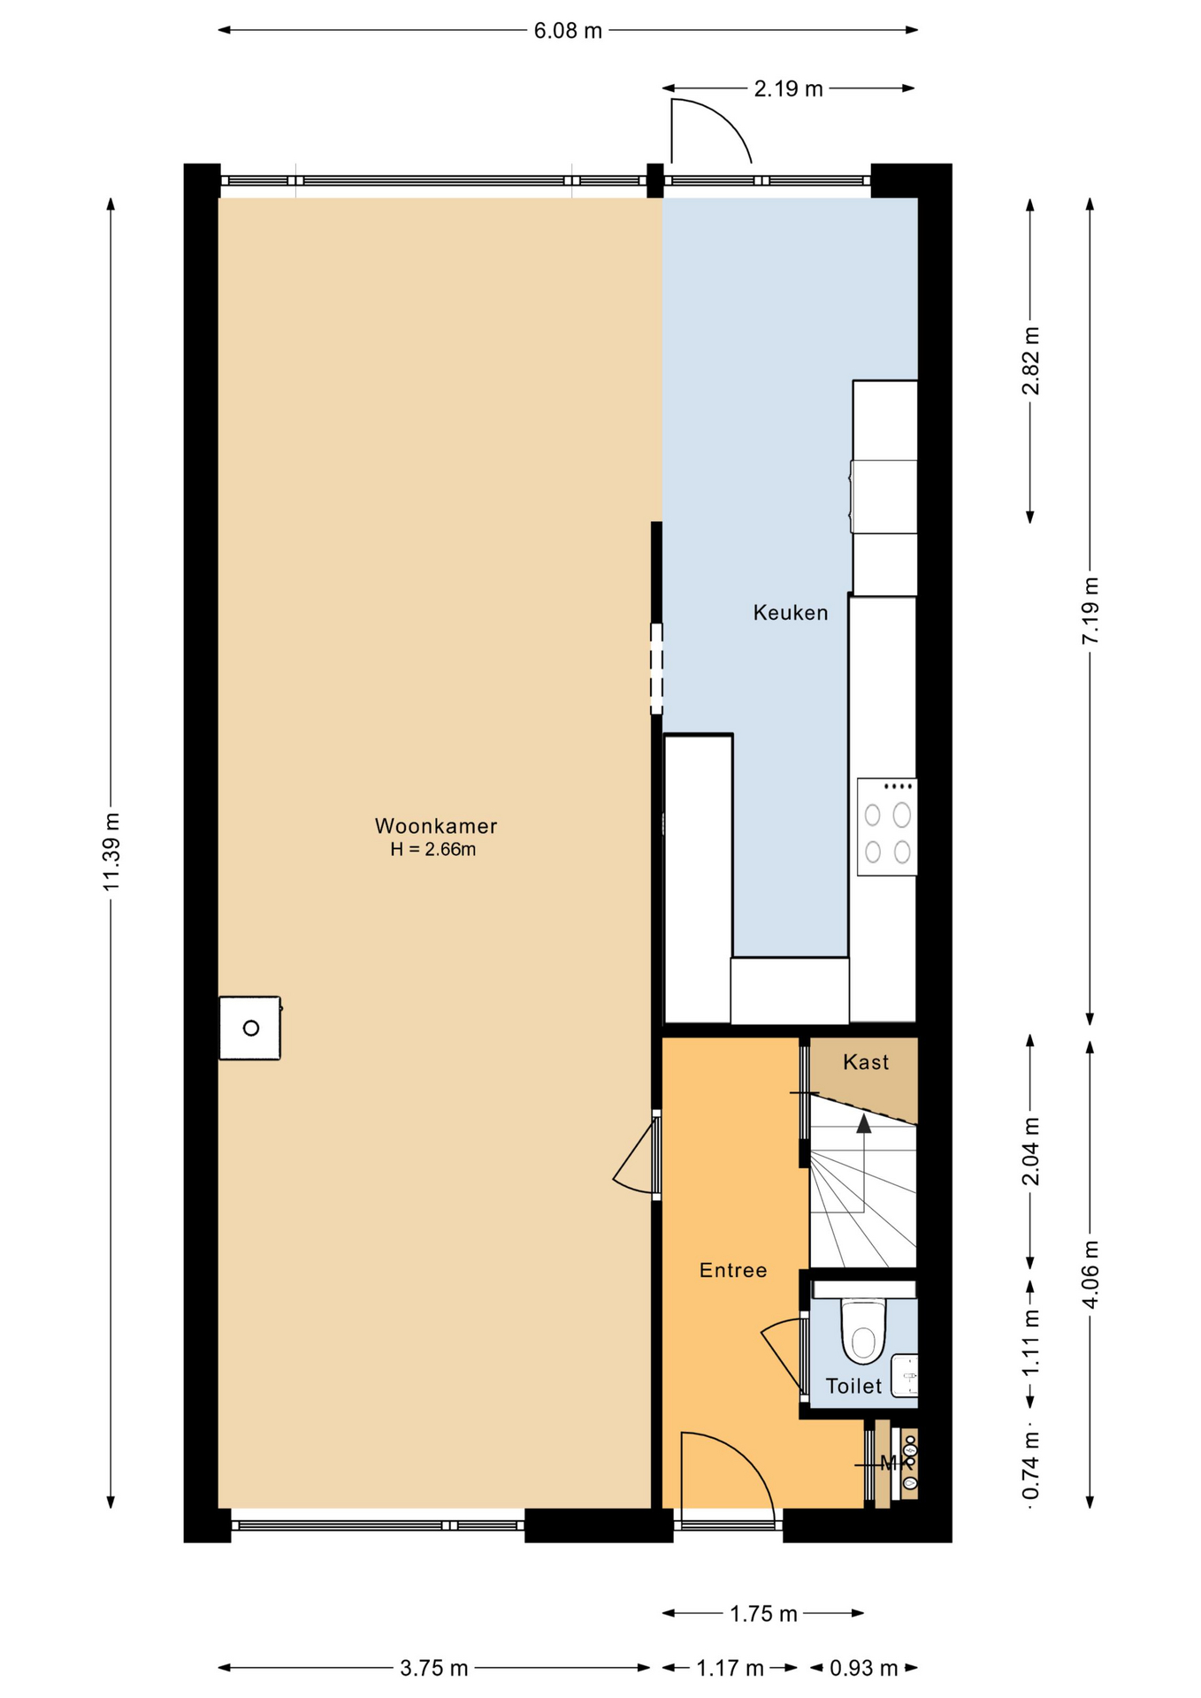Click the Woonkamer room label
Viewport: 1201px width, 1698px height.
coord(436,826)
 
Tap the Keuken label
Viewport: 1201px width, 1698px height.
coord(791,613)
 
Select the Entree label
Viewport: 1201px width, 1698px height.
coord(733,1271)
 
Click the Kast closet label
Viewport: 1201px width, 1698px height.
coord(866,1062)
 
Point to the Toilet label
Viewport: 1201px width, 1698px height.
coord(853,1386)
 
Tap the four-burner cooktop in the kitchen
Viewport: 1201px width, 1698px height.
coord(887,827)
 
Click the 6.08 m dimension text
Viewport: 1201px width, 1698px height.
coord(568,31)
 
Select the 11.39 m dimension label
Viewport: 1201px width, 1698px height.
coord(111,851)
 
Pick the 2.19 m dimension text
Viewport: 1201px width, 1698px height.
coord(788,88)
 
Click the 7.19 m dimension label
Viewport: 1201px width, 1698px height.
coord(1090,610)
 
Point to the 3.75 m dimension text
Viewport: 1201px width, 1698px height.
coord(433,1668)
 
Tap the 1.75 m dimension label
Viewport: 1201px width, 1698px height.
coord(763,1614)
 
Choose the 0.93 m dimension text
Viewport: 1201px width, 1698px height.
coord(863,1668)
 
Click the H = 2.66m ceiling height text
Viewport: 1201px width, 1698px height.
coord(433,850)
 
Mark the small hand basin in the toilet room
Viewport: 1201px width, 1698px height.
coord(904,1376)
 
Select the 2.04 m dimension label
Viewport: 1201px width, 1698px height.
coord(1030,1151)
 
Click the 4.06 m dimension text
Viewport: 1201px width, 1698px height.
coord(1090,1273)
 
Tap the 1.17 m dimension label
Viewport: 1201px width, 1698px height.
coord(730,1668)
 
